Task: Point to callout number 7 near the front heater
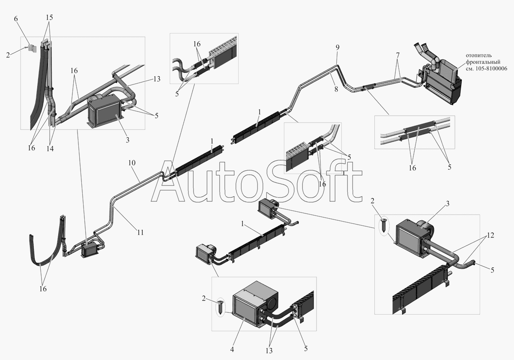click(398, 55)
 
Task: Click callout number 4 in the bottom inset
click(232, 349)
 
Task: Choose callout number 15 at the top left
click(50, 17)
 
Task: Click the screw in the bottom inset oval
click(221, 307)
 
